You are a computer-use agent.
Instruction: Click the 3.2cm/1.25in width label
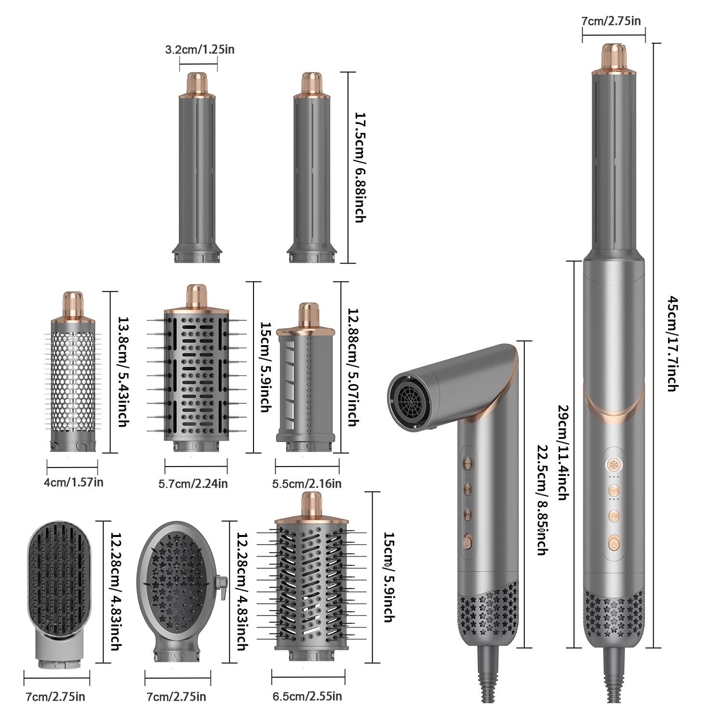200,49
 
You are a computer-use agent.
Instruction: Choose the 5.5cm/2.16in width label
307,483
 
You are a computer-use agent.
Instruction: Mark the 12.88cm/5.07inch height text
352,367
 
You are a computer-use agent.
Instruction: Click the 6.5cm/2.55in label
308,696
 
